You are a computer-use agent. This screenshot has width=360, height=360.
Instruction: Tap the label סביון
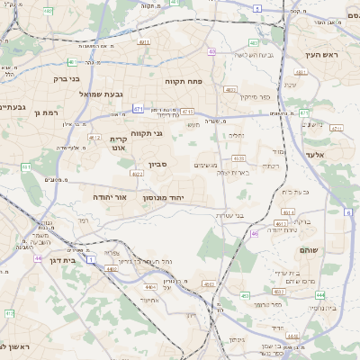158,164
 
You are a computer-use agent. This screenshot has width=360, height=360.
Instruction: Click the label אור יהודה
110,195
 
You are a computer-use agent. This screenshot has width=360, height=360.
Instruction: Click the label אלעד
341,156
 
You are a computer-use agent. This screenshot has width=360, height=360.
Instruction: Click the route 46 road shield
255,233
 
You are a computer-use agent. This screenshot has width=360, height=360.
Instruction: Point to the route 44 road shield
38,258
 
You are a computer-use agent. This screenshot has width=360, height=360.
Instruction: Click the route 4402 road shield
110,267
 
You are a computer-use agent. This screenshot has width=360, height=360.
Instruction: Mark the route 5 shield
256,8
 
